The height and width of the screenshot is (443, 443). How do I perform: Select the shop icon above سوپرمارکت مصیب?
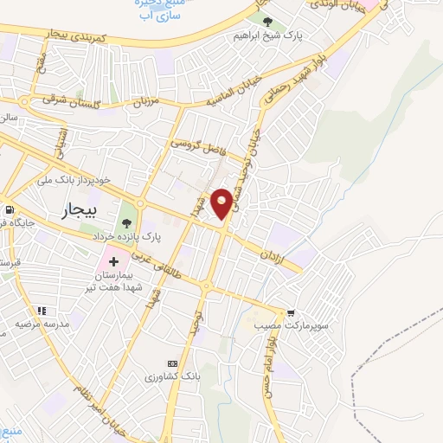291,313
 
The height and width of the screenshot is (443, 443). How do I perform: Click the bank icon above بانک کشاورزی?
172,363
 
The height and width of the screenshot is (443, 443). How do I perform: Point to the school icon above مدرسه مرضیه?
41,311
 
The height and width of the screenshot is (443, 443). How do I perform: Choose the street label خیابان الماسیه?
234,93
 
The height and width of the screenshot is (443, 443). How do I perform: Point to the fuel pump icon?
8,209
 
